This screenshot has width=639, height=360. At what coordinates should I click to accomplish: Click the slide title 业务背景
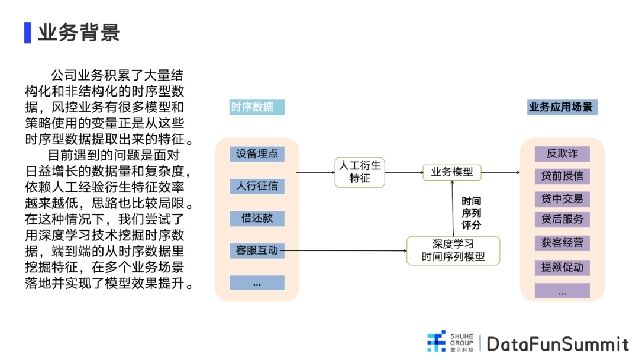(x=79, y=33)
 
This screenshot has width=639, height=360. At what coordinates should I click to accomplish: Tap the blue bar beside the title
(x=27, y=33)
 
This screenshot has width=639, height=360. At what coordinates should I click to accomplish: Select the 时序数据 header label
(x=257, y=107)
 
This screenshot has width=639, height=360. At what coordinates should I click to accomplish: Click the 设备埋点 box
(x=257, y=154)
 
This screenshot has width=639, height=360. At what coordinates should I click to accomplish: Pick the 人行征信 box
(x=257, y=186)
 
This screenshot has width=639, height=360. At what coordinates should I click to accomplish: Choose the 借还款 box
(x=257, y=218)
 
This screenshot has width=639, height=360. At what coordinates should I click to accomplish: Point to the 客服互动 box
(x=257, y=250)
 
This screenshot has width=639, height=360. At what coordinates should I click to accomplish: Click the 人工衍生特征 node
(x=360, y=172)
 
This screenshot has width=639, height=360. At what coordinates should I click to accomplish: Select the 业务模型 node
(x=452, y=172)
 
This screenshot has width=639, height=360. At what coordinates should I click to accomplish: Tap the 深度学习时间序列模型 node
(x=453, y=250)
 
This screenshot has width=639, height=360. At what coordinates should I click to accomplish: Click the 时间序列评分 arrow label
(x=472, y=213)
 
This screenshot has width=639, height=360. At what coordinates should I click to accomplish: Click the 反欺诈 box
(x=562, y=154)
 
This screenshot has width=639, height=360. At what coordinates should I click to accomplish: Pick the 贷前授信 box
(x=562, y=176)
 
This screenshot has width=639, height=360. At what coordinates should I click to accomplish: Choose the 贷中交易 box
(x=562, y=198)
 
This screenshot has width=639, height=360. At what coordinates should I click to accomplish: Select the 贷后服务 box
(x=562, y=219)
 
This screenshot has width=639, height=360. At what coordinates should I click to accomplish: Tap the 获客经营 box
(x=562, y=243)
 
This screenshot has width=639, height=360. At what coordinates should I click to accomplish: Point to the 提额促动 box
(x=562, y=267)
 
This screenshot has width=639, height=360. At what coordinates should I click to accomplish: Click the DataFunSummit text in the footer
(x=558, y=344)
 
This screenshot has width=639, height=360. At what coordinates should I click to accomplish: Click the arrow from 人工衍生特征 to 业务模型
(x=404, y=173)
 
